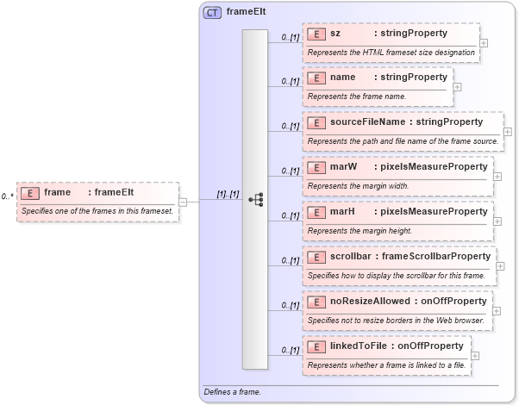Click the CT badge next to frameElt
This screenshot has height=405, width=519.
[x=211, y=13]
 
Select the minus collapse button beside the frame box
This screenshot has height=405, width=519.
[x=183, y=202]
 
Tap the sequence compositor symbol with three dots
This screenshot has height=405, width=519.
[x=255, y=198]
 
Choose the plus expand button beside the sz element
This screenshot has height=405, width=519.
[x=484, y=42]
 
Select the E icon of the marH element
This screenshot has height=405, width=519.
[x=316, y=212]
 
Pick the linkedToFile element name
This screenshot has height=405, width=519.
[x=358, y=346]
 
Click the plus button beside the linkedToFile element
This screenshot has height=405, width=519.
[x=475, y=354]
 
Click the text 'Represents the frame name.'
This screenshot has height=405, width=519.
[x=352, y=97]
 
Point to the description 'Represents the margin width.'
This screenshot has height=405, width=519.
[x=358, y=185]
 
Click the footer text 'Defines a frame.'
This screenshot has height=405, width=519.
[x=232, y=392]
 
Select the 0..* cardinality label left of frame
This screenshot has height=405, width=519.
[x=7, y=196]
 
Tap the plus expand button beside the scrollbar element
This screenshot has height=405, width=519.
[x=501, y=265]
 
